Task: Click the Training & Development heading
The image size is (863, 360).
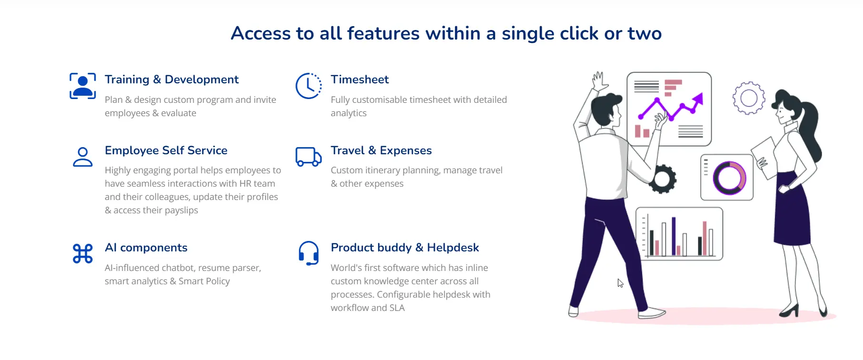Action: pyautogui.click(x=171, y=80)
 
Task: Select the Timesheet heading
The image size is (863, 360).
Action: pyautogui.click(x=360, y=80)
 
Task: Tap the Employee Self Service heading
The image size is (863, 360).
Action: pyautogui.click(x=166, y=150)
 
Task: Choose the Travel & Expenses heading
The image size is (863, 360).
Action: pyautogui.click(x=381, y=150)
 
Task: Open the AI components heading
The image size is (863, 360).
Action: pyautogui.click(x=146, y=248)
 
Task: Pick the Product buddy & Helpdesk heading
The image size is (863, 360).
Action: pyautogui.click(x=405, y=248)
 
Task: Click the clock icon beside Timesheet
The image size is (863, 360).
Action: pyautogui.click(x=308, y=86)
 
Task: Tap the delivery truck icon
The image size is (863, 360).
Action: pyautogui.click(x=308, y=157)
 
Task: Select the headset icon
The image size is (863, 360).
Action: pyautogui.click(x=308, y=253)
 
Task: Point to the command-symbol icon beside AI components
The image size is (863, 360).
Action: pyautogui.click(x=82, y=253)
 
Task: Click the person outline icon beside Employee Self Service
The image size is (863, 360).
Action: pyautogui.click(x=82, y=157)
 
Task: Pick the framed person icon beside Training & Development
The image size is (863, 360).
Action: pyautogui.click(x=82, y=86)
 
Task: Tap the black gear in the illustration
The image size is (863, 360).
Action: pyautogui.click(x=662, y=179)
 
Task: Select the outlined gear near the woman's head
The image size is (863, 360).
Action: pyautogui.click(x=749, y=98)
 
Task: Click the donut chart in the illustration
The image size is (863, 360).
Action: pyautogui.click(x=729, y=178)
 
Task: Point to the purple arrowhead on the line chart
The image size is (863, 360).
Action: pyautogui.click(x=698, y=99)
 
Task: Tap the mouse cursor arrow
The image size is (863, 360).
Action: pyautogui.click(x=621, y=283)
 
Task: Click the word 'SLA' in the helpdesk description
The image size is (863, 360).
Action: pyautogui.click(x=397, y=308)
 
